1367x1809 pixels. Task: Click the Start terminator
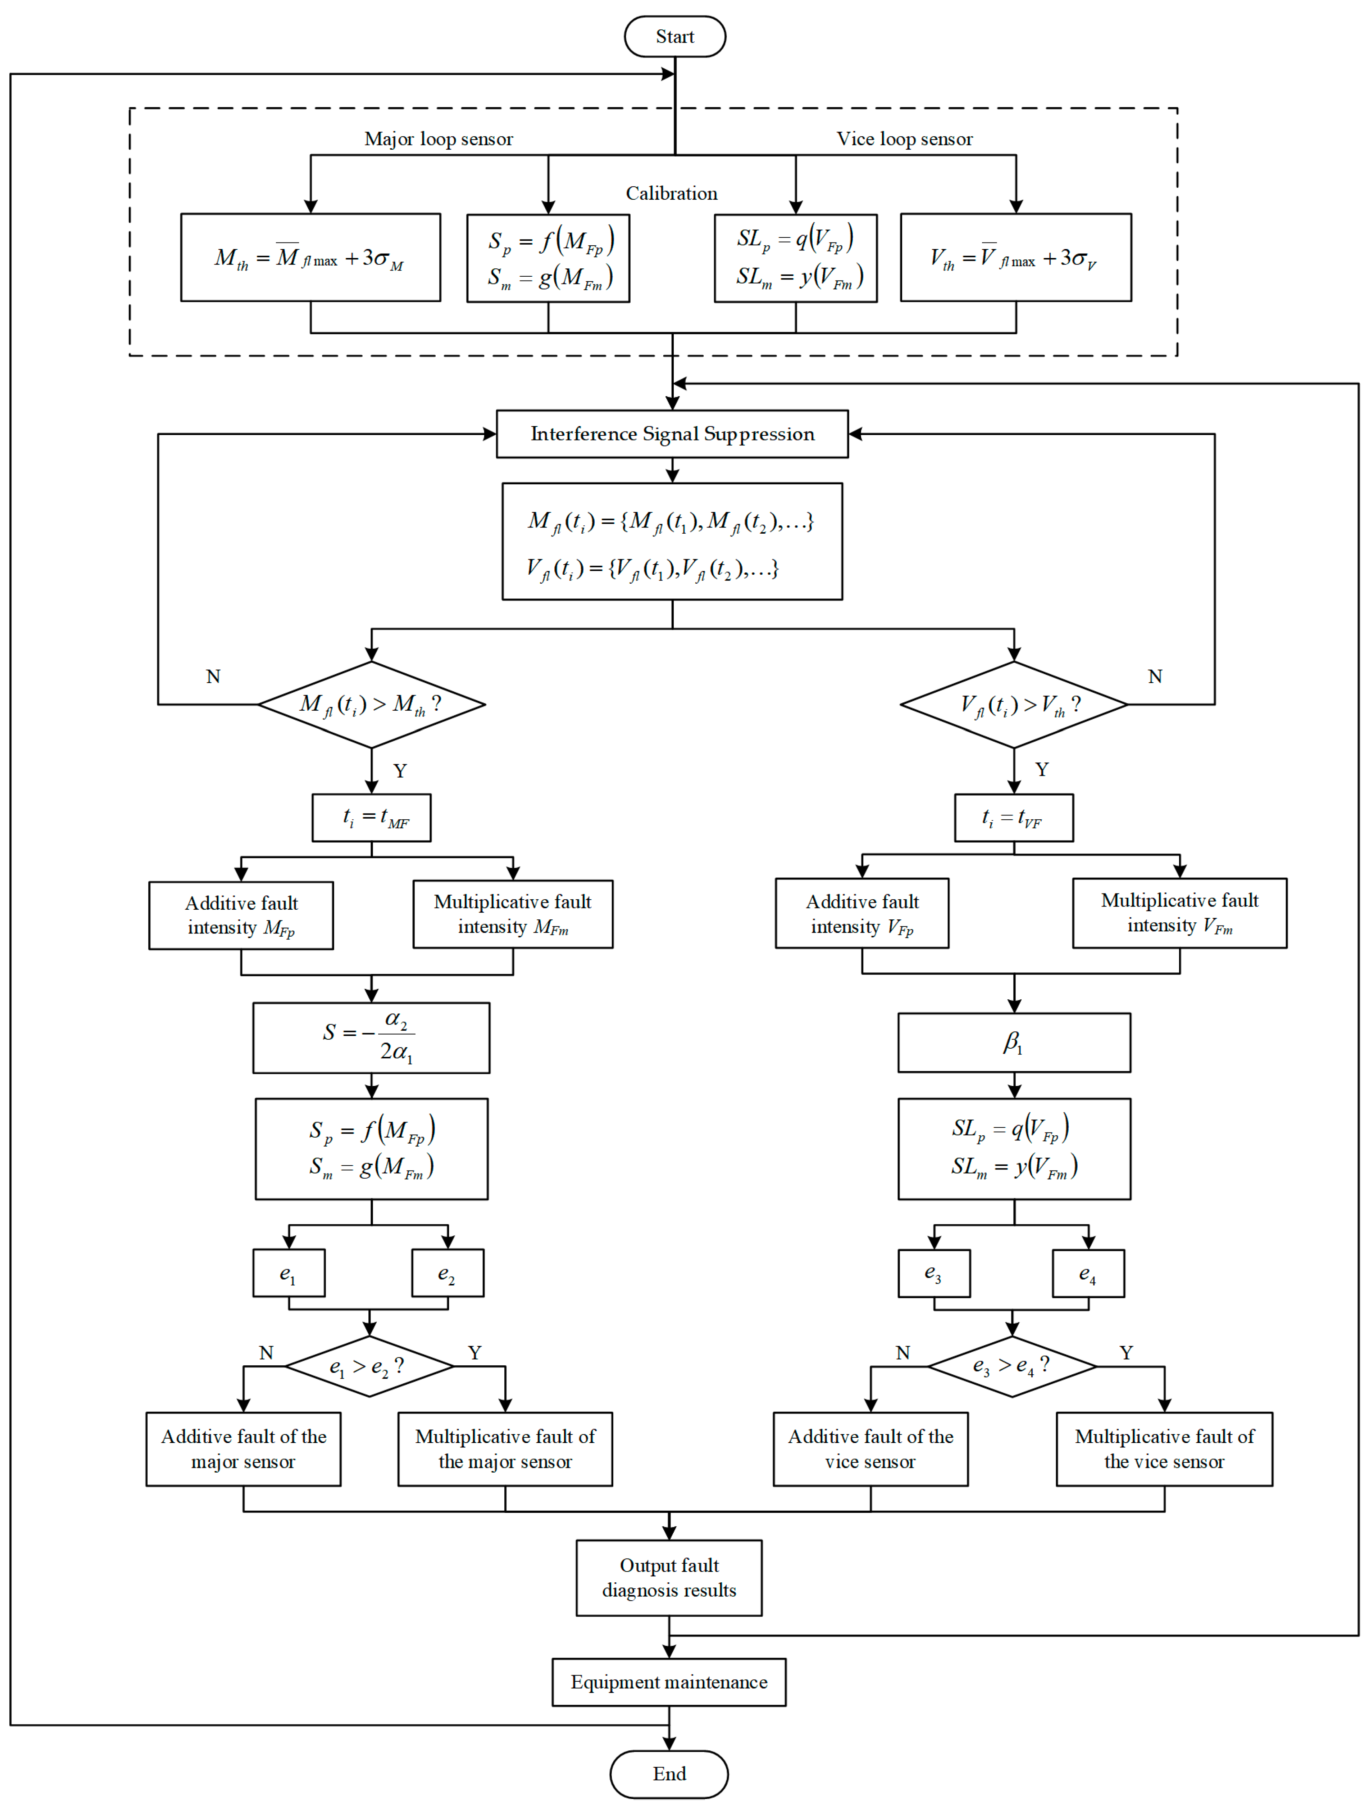[x=674, y=37]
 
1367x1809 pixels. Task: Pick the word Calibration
[x=671, y=193]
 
